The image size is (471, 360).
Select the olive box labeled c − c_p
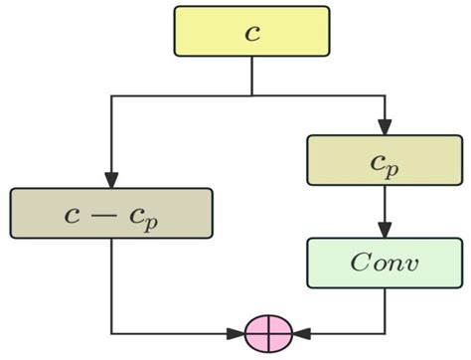point(111,213)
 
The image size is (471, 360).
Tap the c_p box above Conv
point(384,159)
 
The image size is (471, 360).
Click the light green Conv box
point(384,264)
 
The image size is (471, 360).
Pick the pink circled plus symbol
point(268,331)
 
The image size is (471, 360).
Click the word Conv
point(384,265)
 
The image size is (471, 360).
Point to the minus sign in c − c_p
point(106,214)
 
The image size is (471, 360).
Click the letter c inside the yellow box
point(251,31)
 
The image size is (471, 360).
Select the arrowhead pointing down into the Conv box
point(384,231)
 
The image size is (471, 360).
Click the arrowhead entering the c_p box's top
point(384,126)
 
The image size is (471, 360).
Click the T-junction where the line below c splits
point(251,95)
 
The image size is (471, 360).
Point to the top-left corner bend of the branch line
point(111,95)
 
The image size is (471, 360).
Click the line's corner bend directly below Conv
point(384,331)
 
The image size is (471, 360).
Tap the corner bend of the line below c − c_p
point(111,331)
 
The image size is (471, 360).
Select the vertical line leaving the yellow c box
point(251,76)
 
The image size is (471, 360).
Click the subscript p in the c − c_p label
point(150,220)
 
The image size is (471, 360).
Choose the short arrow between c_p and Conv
point(384,212)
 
